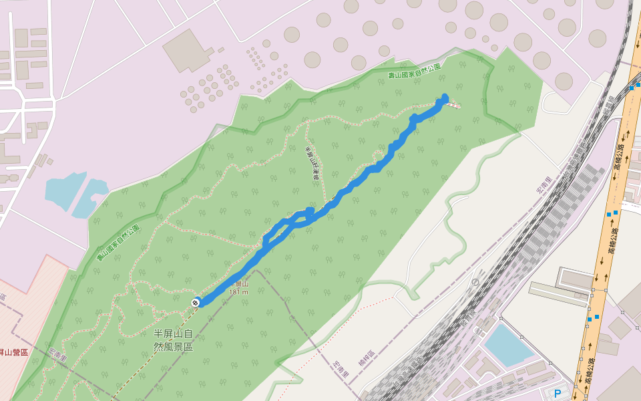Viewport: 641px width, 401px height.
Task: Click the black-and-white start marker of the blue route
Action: (196, 302)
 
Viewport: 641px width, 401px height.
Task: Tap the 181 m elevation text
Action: (238, 291)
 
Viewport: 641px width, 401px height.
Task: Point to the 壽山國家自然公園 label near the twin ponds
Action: (118, 243)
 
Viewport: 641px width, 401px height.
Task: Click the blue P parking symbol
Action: (558, 393)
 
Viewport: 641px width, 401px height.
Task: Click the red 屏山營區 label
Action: (13, 352)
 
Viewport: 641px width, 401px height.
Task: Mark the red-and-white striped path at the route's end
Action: (454, 104)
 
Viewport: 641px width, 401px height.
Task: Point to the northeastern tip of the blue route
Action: (445, 98)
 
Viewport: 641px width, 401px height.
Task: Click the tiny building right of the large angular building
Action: (220, 49)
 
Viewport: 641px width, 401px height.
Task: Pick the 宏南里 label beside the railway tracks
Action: (546, 185)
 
